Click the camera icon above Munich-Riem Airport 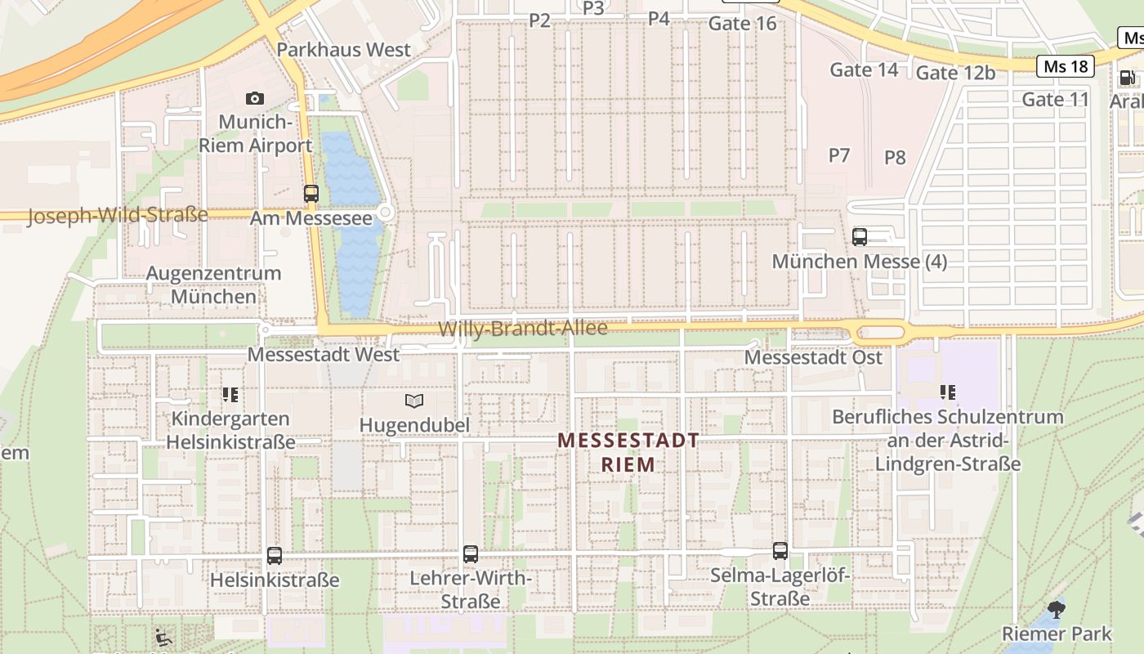pyautogui.click(x=255, y=99)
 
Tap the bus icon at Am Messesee pyautogui.click(x=311, y=194)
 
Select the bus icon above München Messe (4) pyautogui.click(x=860, y=237)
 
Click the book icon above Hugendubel pyautogui.click(x=415, y=401)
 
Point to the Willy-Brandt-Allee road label pyautogui.click(x=523, y=329)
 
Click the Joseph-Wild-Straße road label pyautogui.click(x=118, y=216)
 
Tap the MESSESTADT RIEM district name pyautogui.click(x=628, y=452)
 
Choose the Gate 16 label pyautogui.click(x=742, y=24)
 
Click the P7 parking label pyautogui.click(x=839, y=155)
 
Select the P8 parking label pyautogui.click(x=895, y=158)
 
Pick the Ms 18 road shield pyautogui.click(x=1066, y=66)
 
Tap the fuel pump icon pyautogui.click(x=1127, y=78)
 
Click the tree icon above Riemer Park pyautogui.click(x=1057, y=609)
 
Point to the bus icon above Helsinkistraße pyautogui.click(x=275, y=556)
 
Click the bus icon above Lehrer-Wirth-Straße pyautogui.click(x=471, y=554)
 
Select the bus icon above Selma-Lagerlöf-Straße pyautogui.click(x=780, y=551)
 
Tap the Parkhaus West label pyautogui.click(x=344, y=49)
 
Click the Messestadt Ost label pyautogui.click(x=813, y=357)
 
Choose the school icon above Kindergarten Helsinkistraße pyautogui.click(x=230, y=396)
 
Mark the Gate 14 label pyautogui.click(x=864, y=70)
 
